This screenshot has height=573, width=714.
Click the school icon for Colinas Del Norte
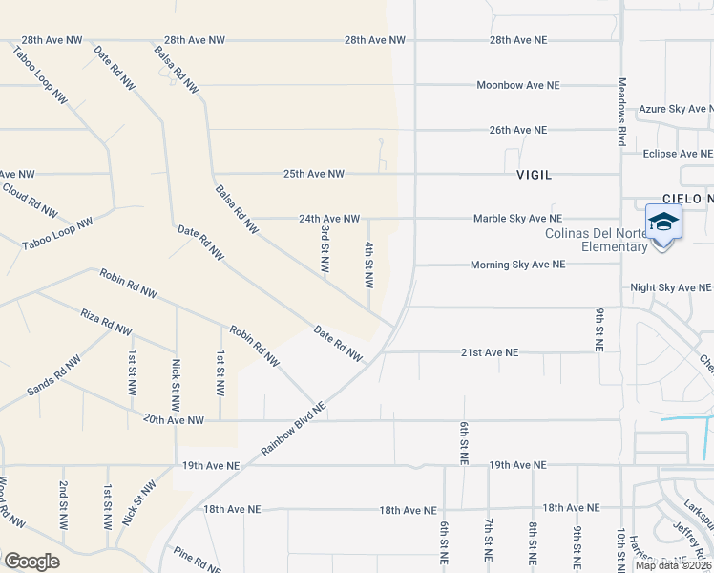[663, 223]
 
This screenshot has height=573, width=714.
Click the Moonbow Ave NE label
[518, 85]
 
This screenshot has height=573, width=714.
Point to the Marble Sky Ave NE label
[517, 219]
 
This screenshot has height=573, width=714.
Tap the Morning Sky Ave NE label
[518, 265]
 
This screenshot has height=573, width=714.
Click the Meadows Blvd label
[621, 112]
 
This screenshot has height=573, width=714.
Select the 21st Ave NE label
[489, 352]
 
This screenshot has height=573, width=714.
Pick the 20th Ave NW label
[174, 419]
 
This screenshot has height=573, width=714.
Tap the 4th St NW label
[368, 264]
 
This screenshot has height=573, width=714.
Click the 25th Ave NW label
[313, 174]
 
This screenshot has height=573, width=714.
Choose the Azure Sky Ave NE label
[675, 109]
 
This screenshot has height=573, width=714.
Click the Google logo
[31, 561]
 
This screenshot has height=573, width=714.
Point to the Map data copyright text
[673, 565]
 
